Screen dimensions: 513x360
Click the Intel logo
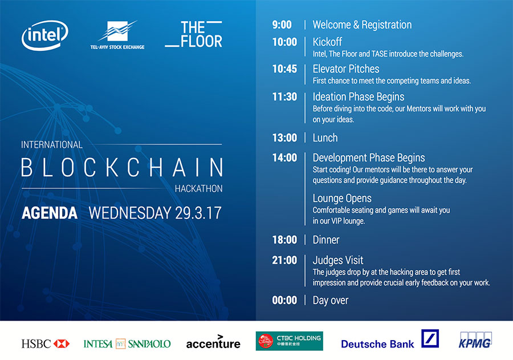(45, 35)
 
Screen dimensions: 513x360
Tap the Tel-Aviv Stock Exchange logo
(117, 35)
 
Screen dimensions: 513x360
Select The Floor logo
(194, 34)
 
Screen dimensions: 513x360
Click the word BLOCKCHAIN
(122, 167)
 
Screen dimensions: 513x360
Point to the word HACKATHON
(198, 189)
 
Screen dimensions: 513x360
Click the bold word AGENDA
(50, 213)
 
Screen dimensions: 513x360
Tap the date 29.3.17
(198, 213)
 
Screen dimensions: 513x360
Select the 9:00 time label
(282, 25)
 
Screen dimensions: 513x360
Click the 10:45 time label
(284, 69)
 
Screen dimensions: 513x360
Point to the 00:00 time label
(284, 300)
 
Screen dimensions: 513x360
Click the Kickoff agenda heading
(327, 42)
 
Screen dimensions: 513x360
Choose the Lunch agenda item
(325, 138)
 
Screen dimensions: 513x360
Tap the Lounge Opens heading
(342, 199)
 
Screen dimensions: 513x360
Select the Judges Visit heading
(337, 260)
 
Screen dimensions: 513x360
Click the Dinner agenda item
(326, 240)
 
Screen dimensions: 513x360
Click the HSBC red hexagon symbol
(62, 343)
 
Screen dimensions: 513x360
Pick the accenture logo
(213, 342)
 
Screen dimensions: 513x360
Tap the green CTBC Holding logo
(289, 341)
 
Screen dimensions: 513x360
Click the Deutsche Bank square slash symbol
(430, 338)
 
